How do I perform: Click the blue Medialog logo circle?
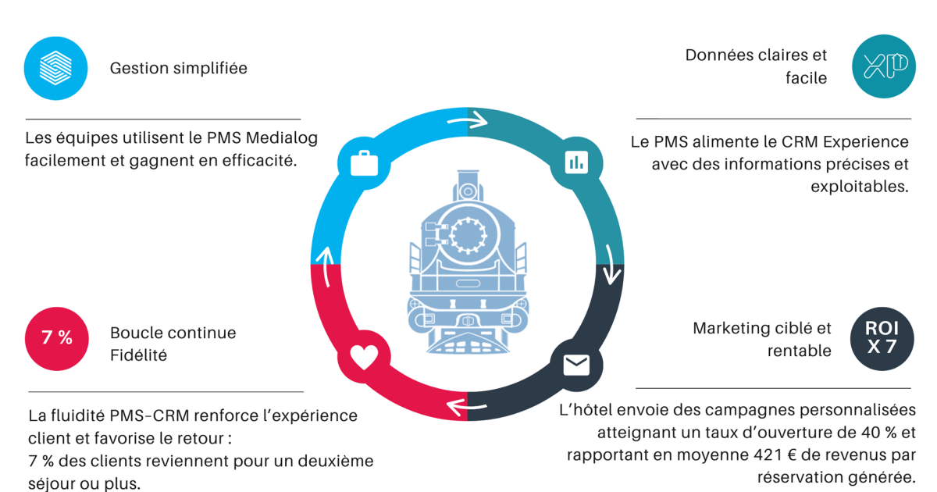55,68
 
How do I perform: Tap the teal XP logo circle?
884,66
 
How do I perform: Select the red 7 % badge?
57,339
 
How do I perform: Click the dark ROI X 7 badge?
882,339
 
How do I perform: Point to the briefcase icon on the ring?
364,163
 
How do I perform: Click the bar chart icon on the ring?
576,162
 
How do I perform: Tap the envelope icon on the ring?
576,365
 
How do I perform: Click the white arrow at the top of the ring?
468,120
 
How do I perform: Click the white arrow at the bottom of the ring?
467,407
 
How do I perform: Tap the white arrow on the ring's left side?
325,267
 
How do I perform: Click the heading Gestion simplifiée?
179,68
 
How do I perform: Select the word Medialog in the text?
282,137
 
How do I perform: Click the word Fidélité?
138,355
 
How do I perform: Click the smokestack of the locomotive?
468,186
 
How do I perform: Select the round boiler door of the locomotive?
468,235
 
